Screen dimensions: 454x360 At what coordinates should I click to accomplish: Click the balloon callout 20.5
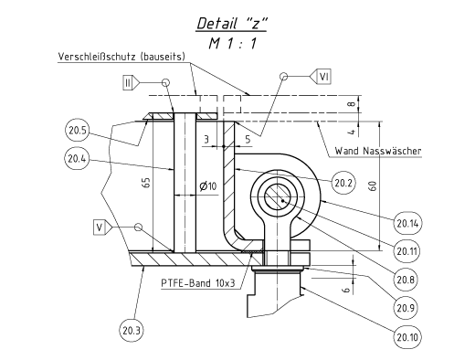pyautogui.click(x=77, y=131)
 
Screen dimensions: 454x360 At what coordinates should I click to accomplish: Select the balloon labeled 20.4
pyautogui.click(x=77, y=159)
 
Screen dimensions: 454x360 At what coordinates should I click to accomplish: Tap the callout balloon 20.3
pyautogui.click(x=132, y=331)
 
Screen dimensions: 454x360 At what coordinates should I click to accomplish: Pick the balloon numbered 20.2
pyautogui.click(x=343, y=183)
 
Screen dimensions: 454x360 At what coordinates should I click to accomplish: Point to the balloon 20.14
pyautogui.click(x=407, y=223)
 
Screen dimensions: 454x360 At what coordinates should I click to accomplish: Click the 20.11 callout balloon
pyautogui.click(x=406, y=251)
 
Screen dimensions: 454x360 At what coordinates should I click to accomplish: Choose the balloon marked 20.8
pyautogui.click(x=406, y=280)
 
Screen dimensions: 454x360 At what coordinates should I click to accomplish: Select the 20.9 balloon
pyautogui.click(x=406, y=308)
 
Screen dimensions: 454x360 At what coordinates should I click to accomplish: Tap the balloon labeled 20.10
pyautogui.click(x=407, y=337)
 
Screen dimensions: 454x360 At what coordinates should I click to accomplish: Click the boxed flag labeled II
pyautogui.click(x=128, y=82)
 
